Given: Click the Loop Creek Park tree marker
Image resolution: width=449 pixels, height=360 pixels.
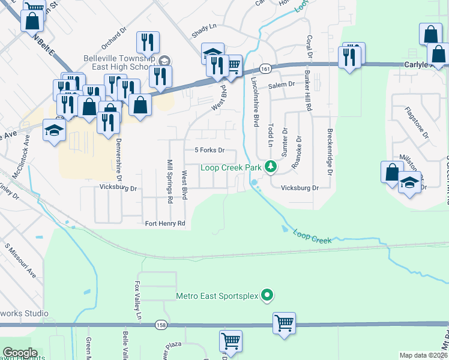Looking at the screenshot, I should (271, 166).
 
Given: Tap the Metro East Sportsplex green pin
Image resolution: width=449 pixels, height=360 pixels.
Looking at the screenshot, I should (268, 295).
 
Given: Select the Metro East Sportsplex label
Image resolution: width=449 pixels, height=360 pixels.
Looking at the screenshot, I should (217, 295).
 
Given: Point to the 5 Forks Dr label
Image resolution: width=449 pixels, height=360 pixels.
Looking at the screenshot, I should (209, 150).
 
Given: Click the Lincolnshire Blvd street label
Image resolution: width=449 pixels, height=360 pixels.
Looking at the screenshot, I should (255, 101).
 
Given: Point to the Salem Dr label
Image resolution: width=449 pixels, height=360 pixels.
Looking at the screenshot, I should (282, 85).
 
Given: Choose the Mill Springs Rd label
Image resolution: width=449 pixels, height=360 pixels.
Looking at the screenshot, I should (170, 181).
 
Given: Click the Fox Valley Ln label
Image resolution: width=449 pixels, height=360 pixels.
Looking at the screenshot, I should (138, 300).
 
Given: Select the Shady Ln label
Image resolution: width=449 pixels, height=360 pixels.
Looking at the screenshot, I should (204, 27).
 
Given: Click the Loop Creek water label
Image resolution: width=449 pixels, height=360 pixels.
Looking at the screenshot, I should (312, 236).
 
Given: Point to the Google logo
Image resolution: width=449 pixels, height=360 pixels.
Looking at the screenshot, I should (20, 353).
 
